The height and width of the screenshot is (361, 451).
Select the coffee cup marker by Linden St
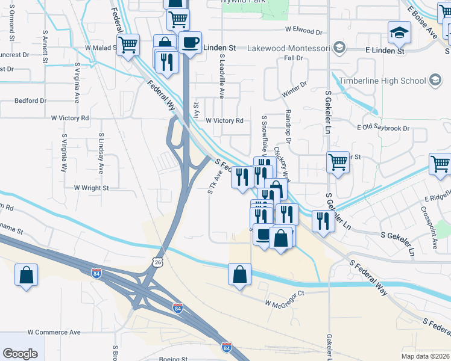click(191, 43)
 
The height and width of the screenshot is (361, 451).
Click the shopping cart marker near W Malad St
click(128, 45)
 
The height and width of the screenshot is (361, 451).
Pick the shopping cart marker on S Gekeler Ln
click(338, 161)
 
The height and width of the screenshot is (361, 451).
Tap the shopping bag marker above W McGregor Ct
click(240, 274)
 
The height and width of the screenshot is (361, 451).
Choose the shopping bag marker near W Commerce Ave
click(27, 276)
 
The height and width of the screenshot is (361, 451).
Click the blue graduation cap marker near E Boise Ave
click(399, 32)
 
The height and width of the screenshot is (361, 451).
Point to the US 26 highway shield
click(157, 262)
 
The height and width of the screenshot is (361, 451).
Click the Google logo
click(20, 354)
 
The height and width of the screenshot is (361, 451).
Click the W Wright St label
click(91, 188)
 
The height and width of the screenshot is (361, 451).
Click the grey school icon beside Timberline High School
click(434, 81)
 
